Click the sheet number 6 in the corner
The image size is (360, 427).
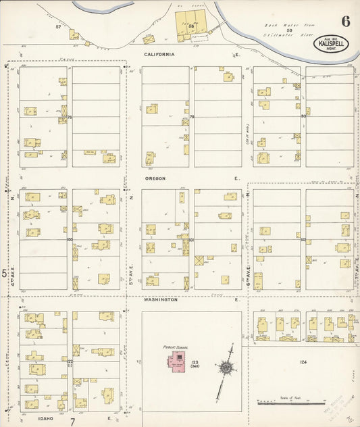tap(345, 20)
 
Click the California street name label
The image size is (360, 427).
tap(159, 54)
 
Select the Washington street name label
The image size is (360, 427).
tap(160, 299)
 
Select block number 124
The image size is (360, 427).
tap(303, 363)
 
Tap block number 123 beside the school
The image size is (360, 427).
tap(195, 363)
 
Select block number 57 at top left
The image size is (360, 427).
tap(58, 26)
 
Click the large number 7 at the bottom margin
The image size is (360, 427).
tap(72, 421)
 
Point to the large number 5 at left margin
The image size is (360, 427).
tap(4, 273)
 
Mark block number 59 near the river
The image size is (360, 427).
tap(288, 30)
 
